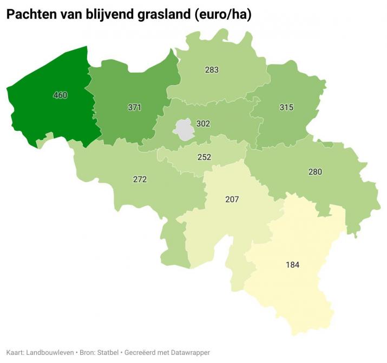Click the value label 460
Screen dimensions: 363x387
tap(60, 95)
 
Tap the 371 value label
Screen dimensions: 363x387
tap(134, 107)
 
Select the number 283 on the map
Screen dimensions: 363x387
tap(212, 70)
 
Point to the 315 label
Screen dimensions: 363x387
tap(286, 107)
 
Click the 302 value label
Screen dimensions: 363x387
tap(203, 124)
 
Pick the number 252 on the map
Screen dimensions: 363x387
tap(204, 157)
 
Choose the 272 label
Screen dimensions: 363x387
tap(140, 179)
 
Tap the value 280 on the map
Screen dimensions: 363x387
tap(315, 172)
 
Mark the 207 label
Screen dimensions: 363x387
tap(232, 200)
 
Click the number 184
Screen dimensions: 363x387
tap(293, 265)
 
